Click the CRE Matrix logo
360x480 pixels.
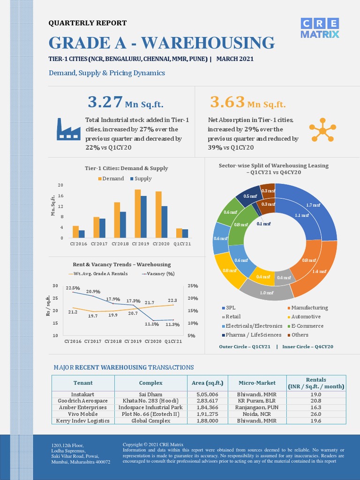(320, 28)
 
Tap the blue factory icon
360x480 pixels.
(68, 129)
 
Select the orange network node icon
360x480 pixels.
(322, 130)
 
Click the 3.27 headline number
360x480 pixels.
(105, 102)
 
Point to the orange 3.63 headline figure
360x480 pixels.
(227, 102)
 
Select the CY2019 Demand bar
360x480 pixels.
(138, 214)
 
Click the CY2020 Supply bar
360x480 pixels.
(165, 222)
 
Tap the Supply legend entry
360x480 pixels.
(141, 179)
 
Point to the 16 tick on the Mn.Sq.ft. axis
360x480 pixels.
(60, 195)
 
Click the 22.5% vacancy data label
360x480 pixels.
(73, 288)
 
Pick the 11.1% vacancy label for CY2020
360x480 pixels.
(152, 324)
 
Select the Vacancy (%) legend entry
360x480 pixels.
(158, 274)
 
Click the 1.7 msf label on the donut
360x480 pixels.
(313, 205)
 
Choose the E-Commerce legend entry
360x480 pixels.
(306, 326)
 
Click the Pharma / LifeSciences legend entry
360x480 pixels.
(252, 335)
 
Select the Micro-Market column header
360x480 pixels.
(257, 382)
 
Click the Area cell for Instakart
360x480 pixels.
(207, 394)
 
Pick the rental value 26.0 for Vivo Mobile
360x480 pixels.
(316, 414)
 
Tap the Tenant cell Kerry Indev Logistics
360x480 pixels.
(82, 420)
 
